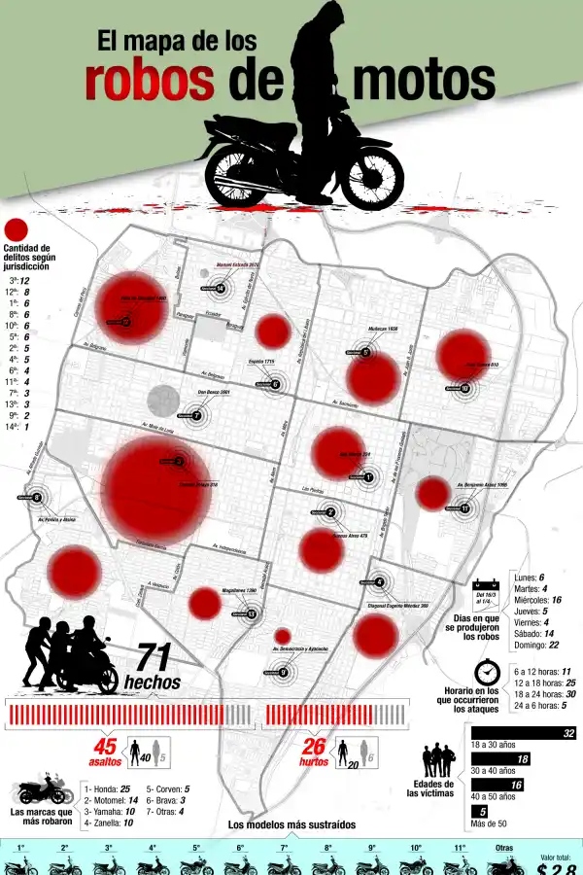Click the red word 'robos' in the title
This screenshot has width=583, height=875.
tap(150, 82)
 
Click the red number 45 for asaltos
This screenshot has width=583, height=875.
tap(105, 747)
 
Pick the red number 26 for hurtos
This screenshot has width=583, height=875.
tap(313, 747)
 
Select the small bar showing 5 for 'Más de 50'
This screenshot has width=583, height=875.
tap(478, 811)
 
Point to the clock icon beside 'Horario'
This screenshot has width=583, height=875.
tap(487, 673)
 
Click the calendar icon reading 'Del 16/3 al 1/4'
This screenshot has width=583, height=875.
tap(486, 591)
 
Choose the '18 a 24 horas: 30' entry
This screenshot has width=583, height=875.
tap(543, 694)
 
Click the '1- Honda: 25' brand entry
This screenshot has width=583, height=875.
tap(107, 788)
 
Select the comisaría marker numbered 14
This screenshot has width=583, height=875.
tap(222, 289)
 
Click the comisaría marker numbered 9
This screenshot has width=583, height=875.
tap(283, 672)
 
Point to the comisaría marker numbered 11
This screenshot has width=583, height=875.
tap(465, 508)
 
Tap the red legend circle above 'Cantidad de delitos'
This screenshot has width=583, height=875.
tap(16, 230)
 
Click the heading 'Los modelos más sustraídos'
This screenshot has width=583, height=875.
tap(291, 825)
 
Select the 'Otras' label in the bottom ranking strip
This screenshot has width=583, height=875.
tap(503, 848)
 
